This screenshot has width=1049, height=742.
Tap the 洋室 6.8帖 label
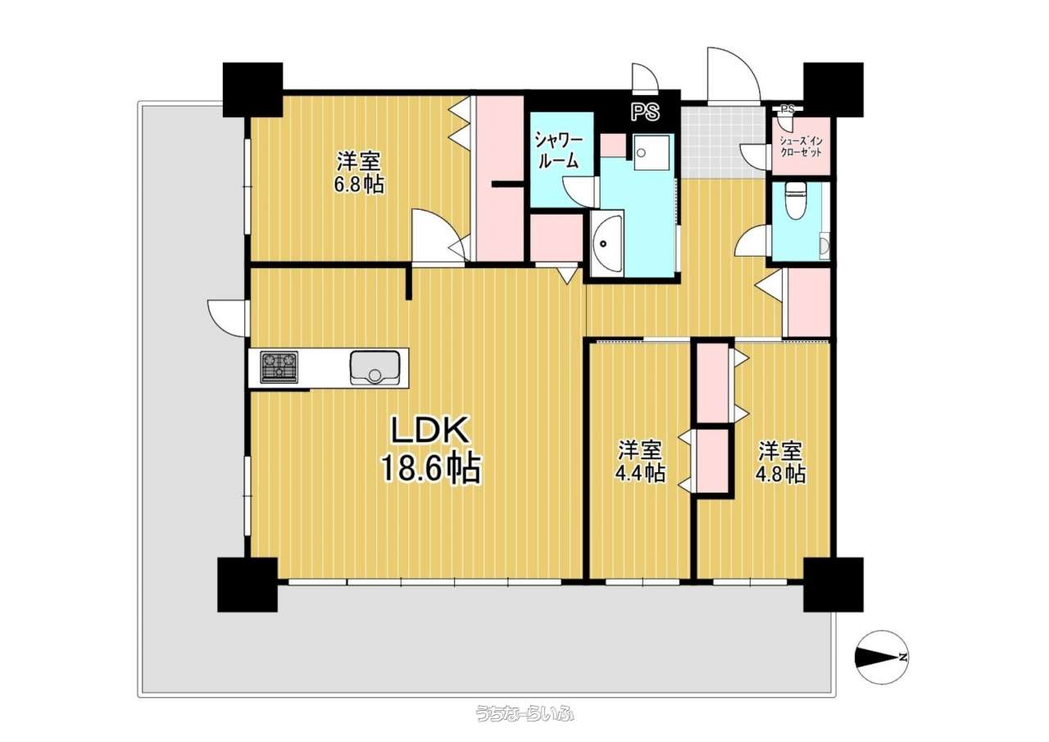(358, 172)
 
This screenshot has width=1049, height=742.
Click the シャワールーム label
(559, 150)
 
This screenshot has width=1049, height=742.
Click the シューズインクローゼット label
(801, 147)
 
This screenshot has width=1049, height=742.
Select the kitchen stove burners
(279, 367)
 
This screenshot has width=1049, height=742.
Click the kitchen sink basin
(375, 368)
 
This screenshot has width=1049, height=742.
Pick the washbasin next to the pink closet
(606, 245)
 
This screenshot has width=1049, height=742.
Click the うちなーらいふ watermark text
(524, 726)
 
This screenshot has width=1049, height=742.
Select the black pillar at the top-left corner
(253, 89)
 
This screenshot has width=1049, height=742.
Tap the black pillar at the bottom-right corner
(833, 585)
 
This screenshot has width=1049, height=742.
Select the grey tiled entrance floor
(724, 142)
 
